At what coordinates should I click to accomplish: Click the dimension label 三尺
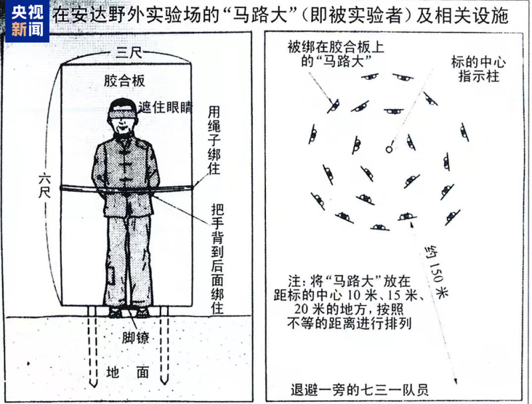[x=126, y=52]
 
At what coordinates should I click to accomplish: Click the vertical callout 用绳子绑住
[x=214, y=139]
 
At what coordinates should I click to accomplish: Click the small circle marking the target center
[x=389, y=150]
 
